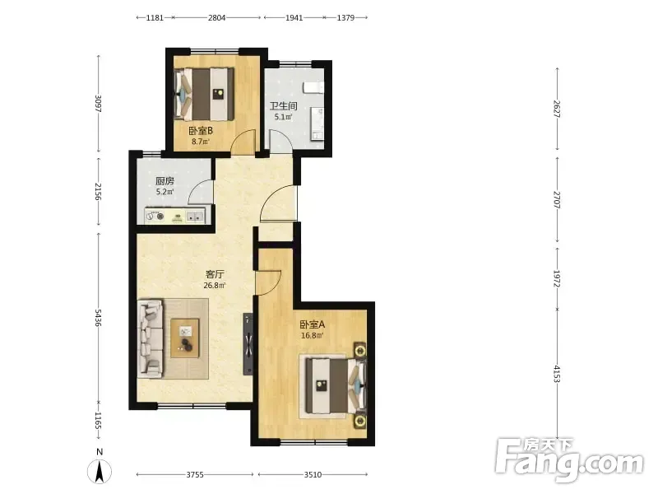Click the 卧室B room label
[200, 131]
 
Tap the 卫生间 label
[283, 106]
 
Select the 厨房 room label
[164, 181]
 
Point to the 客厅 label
[215, 274]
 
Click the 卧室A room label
[313, 324]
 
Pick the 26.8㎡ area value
[215, 286]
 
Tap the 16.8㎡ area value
[313, 336]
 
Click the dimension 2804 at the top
[216, 17]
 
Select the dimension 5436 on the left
[98, 318]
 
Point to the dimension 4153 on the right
[557, 374]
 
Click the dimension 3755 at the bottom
[195, 475]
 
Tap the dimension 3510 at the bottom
[313, 475]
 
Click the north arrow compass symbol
[100, 471]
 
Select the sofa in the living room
[151, 338]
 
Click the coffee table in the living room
[184, 338]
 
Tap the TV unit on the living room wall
[248, 343]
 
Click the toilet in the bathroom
[313, 88]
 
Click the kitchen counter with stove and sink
[175, 216]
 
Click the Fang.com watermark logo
[569, 460]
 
